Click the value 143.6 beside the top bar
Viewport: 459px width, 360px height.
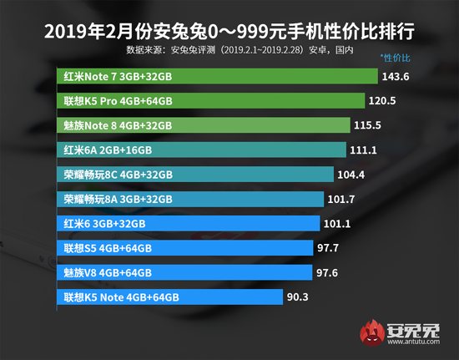point(398,76)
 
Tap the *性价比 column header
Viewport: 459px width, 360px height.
point(396,58)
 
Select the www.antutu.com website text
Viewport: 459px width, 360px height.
point(414,344)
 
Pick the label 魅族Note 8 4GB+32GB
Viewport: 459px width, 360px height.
point(118,125)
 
